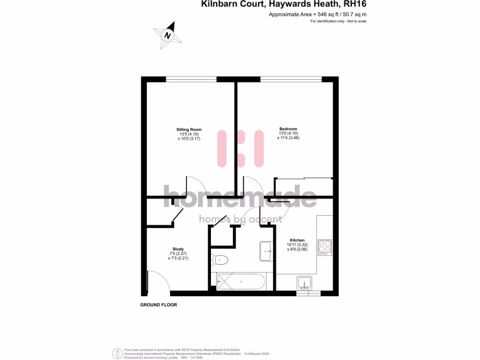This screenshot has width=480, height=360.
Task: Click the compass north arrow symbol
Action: point(167,35)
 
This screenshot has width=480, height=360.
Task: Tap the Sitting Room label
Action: point(189,129)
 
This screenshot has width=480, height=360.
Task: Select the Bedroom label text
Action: point(288,129)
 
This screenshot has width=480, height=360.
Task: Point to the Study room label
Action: point(178,249)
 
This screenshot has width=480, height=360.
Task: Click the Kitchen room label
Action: point(297,240)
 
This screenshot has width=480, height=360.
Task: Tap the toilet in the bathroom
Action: point(219,258)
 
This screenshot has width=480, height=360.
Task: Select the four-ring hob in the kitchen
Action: point(325,247)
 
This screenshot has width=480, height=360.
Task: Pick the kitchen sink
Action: point(304,283)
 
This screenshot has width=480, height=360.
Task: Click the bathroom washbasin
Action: point(266,251)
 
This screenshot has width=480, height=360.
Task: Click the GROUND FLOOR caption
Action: point(159,305)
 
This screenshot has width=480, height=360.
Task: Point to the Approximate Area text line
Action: point(317,15)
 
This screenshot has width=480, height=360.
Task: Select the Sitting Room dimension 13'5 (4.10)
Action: point(189,134)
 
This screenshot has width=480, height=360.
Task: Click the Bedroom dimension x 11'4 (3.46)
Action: point(288,138)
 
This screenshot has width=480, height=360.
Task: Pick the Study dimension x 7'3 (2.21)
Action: point(178,258)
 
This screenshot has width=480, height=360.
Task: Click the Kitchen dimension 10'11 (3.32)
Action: point(297,245)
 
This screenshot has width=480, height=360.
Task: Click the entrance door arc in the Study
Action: point(155,280)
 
